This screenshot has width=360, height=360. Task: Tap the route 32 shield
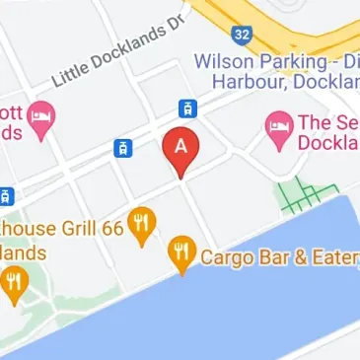pyautogui.click(x=241, y=34)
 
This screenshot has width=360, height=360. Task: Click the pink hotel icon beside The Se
pyautogui.click(x=278, y=124)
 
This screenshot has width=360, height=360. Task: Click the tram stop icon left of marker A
pyautogui.click(x=123, y=148)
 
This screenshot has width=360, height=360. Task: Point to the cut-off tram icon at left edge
pyautogui.click(x=5, y=194)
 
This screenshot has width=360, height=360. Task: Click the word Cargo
pyautogui.click(x=225, y=258)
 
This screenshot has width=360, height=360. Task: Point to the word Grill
pyautogui.click(x=72, y=228)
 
